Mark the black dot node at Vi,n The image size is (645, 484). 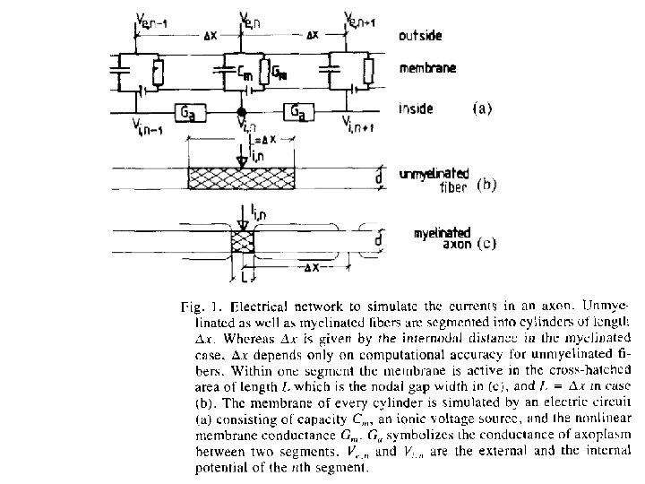point(240,112)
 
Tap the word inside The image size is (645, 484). point(417,109)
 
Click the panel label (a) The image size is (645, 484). point(482,108)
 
